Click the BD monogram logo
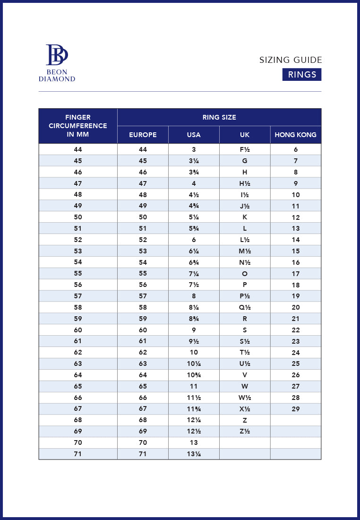[x=57, y=55]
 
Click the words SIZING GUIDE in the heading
[x=291, y=60]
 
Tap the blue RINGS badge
[x=302, y=75]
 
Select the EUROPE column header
[x=143, y=135]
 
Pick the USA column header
[x=194, y=135]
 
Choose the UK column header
[x=245, y=135]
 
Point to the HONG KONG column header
[x=296, y=135]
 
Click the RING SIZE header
[x=219, y=117]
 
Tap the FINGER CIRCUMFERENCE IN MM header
[x=78, y=126]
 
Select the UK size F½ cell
[x=245, y=149]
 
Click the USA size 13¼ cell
[x=194, y=454]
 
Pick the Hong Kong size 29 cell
[x=296, y=409]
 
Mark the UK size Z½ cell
[x=245, y=431]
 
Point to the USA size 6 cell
[x=194, y=240]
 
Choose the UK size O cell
[x=245, y=274]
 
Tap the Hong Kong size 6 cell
[x=296, y=149]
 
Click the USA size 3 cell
[x=194, y=149]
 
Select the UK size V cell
[x=245, y=375]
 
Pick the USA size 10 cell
[x=194, y=352]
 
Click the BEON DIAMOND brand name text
[x=57, y=76]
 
